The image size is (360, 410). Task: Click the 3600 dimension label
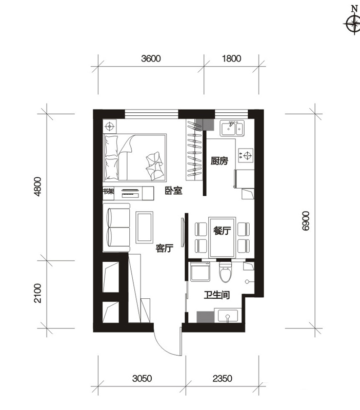tap(151, 58)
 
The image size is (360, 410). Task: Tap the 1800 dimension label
tap(232, 58)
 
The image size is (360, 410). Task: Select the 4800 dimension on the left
tap(38, 187)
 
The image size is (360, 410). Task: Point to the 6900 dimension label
tap(305, 221)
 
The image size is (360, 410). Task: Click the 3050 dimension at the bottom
tap(142, 378)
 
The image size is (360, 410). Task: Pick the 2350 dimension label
tap(223, 378)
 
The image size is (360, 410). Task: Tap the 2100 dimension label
tap(38, 293)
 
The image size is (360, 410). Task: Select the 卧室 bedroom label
tap(173, 191)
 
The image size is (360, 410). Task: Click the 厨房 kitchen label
tap(219, 161)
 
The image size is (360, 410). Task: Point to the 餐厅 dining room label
tap(222, 231)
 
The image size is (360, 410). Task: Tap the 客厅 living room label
tap(165, 248)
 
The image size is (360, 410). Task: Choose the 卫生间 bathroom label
tap(217, 295)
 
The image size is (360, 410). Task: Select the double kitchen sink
tap(232, 128)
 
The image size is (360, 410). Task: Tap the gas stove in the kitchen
tap(246, 156)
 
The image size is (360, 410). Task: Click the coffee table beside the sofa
tap(145, 228)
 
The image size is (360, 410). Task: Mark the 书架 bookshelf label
tap(109, 191)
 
